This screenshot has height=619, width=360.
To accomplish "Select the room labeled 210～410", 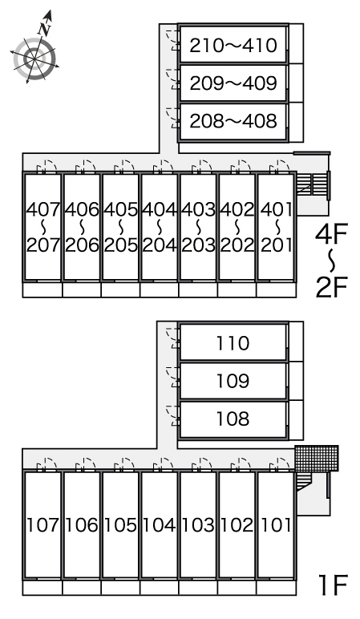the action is click(233, 44).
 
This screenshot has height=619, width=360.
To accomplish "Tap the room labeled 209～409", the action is click(233, 83).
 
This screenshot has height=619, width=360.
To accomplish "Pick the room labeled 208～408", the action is click(233, 121).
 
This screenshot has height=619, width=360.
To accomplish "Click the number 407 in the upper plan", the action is click(42, 209).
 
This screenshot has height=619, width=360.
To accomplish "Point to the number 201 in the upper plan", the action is click(277, 245).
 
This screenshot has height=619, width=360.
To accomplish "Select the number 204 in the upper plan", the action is click(160, 245).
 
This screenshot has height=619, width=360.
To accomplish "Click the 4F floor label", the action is click(331, 233).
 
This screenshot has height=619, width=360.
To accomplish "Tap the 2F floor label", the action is click(331, 288).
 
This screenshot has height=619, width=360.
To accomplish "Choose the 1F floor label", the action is click(333, 585).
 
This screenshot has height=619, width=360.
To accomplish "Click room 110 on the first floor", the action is click(233, 342).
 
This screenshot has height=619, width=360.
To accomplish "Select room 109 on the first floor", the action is click(233, 381).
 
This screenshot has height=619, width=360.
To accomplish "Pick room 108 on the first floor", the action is click(233, 419).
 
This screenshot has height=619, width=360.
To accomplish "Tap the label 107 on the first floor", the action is click(42, 525).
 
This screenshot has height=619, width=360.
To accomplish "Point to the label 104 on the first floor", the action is click(160, 525).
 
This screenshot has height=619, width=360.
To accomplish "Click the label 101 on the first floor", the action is click(277, 525).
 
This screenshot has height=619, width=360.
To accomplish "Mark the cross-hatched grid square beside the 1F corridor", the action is click(317, 459).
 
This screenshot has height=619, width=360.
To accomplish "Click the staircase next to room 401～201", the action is click(312, 184).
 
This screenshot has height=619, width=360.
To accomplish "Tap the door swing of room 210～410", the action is click(172, 39).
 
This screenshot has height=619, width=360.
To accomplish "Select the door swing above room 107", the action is click(47, 464).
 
